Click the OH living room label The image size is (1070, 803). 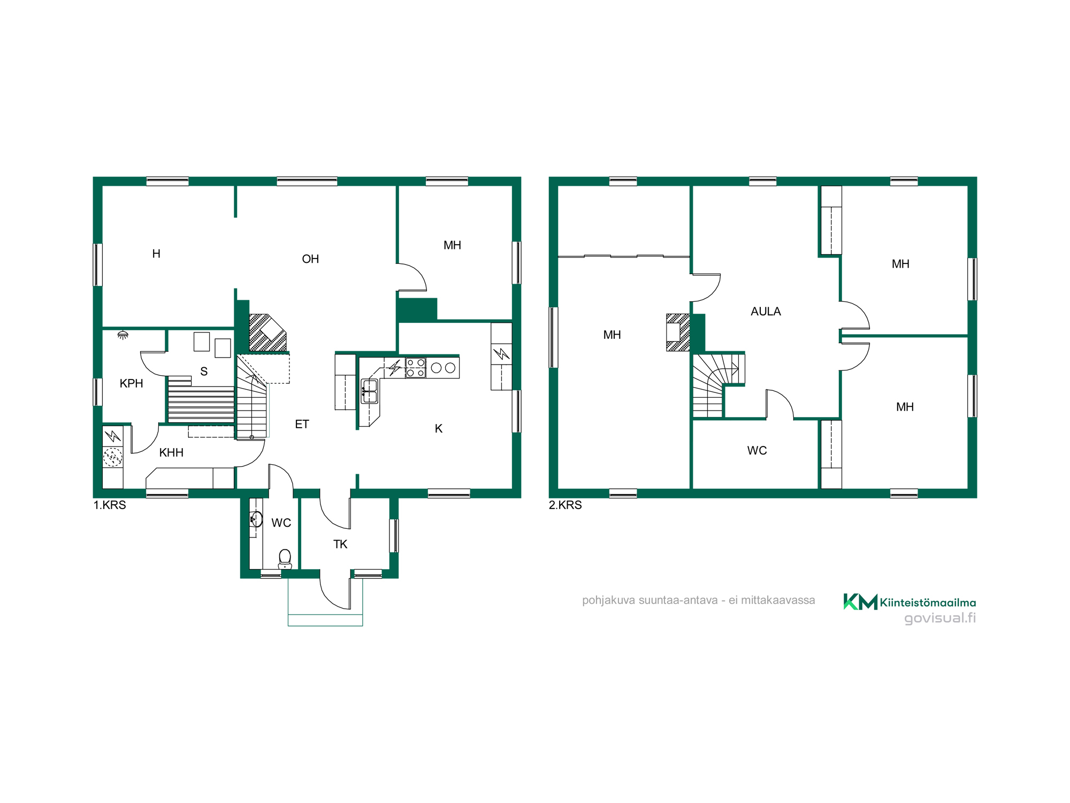(x=310, y=259)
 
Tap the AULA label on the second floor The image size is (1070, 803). (x=766, y=312)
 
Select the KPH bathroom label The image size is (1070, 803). (x=131, y=383)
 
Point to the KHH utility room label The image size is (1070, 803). (x=171, y=453)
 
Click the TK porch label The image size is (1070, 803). (x=340, y=544)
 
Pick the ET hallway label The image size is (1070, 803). (x=302, y=425)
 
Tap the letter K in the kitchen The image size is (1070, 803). (x=439, y=429)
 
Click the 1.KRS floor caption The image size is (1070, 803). (x=110, y=505)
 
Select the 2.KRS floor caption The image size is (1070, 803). (x=565, y=505)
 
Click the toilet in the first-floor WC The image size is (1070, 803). (x=285, y=559)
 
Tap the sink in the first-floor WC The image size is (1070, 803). (x=256, y=519)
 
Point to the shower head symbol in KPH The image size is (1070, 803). (x=123, y=335)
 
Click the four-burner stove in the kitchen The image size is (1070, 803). (x=416, y=368)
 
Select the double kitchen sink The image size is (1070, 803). (x=370, y=391)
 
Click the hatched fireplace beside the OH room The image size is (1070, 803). (x=267, y=333)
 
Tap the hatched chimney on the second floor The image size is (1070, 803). (x=678, y=332)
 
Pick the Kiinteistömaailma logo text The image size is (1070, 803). (x=928, y=603)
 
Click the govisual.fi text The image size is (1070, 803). (x=940, y=618)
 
